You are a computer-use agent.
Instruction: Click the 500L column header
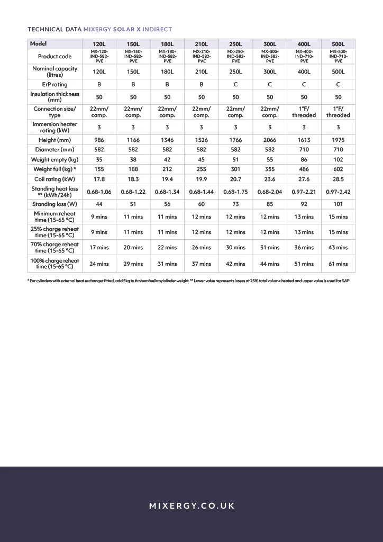338,44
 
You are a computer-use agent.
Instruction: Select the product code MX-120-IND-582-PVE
99,57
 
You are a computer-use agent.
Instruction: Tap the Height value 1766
235,140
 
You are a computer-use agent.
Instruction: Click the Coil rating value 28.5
338,179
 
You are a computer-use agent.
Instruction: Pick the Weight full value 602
338,169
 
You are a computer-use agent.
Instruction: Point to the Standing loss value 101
338,204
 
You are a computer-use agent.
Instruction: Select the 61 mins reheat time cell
338,264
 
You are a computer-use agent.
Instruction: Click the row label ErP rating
54,84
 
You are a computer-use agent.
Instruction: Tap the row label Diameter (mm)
54,150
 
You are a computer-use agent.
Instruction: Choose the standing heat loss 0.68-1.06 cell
99,192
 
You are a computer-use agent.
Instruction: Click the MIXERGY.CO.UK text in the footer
191,506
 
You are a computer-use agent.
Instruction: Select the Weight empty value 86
304,159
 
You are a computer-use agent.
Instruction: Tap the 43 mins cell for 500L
338,247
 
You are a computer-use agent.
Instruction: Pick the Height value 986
99,140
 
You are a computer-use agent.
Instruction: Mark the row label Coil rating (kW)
54,179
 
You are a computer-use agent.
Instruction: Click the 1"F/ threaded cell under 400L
304,112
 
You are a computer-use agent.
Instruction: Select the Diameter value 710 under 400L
304,150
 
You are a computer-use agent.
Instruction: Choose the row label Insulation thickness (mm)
54,97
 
